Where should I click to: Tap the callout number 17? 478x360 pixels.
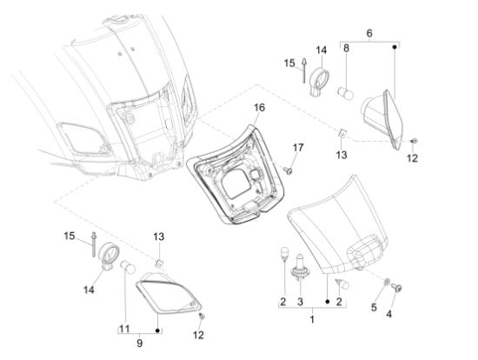[x=297, y=147]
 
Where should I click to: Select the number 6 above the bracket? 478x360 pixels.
[x=368, y=32]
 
